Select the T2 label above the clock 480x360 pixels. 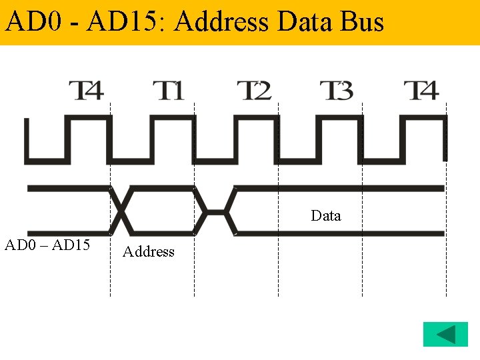(x=254, y=90)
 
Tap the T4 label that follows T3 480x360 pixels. (x=421, y=90)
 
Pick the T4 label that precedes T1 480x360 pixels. (x=87, y=90)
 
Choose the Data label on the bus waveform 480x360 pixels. (x=326, y=216)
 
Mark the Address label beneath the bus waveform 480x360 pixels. (x=149, y=252)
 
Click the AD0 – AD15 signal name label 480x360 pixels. (x=47, y=245)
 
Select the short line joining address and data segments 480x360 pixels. (x=215, y=212)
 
